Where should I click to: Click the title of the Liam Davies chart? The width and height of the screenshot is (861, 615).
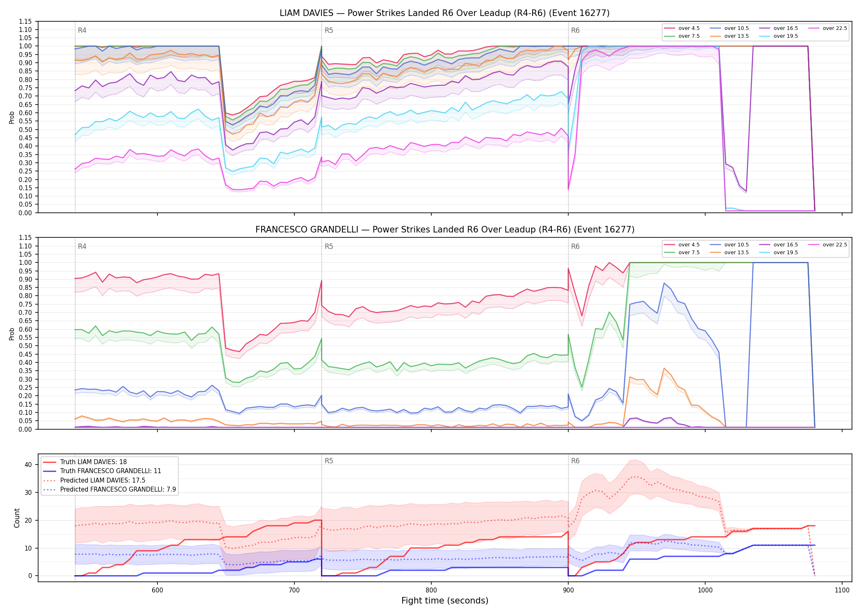pyautogui.click(x=444, y=13)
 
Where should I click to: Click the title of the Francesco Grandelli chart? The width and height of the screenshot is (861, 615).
pyautogui.click(x=445, y=230)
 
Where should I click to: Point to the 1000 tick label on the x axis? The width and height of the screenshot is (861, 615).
pyautogui.click(x=705, y=590)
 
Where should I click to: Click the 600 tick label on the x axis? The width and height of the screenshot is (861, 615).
pyautogui.click(x=157, y=590)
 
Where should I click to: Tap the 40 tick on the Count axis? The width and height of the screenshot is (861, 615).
pyautogui.click(x=28, y=465)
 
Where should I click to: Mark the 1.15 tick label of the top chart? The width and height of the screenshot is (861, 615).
pyautogui.click(x=25, y=21)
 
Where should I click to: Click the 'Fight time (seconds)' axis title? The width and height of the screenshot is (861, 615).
pyautogui.click(x=445, y=601)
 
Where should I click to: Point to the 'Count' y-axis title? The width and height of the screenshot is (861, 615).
pyautogui.click(x=17, y=518)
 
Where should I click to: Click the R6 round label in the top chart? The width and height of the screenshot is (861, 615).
pyautogui.click(x=575, y=30)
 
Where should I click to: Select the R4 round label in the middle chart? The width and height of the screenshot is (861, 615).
pyautogui.click(x=82, y=247)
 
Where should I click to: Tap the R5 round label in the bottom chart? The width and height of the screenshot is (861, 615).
pyautogui.click(x=329, y=461)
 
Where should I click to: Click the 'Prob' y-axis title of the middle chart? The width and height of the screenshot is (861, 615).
pyautogui.click(x=12, y=334)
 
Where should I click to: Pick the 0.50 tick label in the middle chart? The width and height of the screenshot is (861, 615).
pyautogui.click(x=25, y=346)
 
